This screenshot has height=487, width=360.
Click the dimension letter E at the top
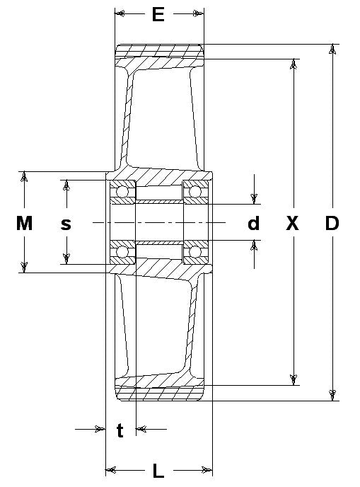pos(158,15)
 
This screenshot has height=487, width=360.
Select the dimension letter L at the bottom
pos(158,471)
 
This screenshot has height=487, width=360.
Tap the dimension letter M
pos(24,223)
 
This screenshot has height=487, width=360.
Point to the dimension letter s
pos(66,224)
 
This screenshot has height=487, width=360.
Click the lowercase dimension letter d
pos(253,223)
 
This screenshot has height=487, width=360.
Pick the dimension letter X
pos(292,223)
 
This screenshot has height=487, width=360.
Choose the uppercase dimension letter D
pos(332,223)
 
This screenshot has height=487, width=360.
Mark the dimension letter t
pos(120,430)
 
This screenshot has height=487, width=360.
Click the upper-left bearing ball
pos(122,192)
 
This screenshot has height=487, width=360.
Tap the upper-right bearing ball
pos(195,191)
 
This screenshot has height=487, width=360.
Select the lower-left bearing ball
pos(122,251)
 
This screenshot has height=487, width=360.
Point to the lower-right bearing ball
pos(195,251)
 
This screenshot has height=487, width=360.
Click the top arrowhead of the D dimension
pos(332,49)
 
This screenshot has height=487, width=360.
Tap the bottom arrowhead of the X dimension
pos(294,380)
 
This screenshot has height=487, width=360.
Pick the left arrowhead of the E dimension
pos(120,13)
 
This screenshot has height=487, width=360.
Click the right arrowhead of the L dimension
pos(207,470)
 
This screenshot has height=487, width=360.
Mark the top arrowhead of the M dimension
pos(24,177)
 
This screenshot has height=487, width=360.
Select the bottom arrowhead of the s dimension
pos(66,259)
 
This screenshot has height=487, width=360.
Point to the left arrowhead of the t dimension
pos(100,429)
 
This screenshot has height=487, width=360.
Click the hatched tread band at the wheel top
pos(160,51)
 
